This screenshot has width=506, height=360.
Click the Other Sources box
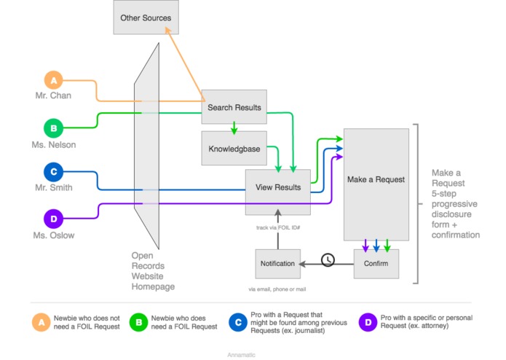click(146, 17)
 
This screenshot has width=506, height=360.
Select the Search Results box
click(234, 108)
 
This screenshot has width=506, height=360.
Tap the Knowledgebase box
click(233, 148)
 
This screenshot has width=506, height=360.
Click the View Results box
click(277, 187)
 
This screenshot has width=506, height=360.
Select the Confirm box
click(376, 263)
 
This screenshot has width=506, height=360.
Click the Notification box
click(277, 263)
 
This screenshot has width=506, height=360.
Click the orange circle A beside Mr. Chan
click(53, 79)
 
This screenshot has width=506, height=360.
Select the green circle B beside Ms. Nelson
click(53, 128)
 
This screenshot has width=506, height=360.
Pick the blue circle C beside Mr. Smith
click(53, 173)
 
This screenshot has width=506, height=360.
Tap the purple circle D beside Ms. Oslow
click(53, 219)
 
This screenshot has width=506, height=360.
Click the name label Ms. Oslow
click(55, 235)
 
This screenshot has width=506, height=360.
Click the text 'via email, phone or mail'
click(277, 289)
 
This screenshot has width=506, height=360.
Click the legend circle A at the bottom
click(41, 321)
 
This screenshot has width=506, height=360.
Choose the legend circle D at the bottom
click(368, 321)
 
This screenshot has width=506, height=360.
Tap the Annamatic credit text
click(242, 354)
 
